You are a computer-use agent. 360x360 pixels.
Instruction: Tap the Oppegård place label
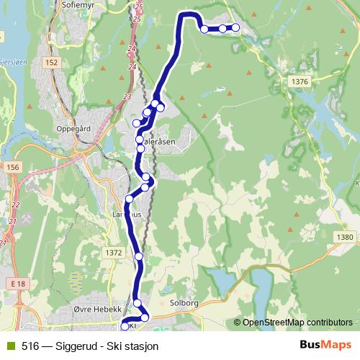coord(72,130)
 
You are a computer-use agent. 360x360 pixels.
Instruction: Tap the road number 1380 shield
coord(345,238)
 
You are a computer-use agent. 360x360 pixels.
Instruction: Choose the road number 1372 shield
coord(113,252)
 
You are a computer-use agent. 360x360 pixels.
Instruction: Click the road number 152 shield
coord(51,63)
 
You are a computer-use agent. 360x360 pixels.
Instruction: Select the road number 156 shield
coord(12,167)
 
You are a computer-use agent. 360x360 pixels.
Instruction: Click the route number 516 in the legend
coord(30,346)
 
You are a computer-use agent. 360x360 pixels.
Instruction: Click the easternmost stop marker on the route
coord(235,28)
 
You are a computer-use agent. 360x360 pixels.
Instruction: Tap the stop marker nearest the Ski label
coord(125,326)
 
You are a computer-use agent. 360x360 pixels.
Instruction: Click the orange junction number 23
coord(127,96)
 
